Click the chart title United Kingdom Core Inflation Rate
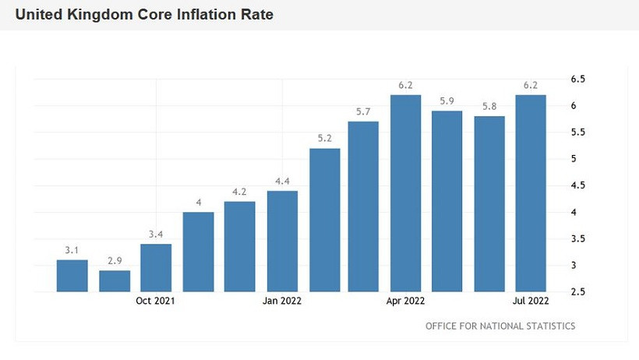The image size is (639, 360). coord(144,15)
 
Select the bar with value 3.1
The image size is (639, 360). coord(72,276)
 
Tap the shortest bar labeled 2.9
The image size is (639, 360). coord(115,281)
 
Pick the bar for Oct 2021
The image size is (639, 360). coord(156,267)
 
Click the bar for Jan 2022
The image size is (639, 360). coord(282,241)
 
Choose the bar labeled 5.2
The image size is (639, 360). coord(324,220)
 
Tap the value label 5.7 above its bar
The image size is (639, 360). coord(363,112)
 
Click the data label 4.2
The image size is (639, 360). coord(239,192)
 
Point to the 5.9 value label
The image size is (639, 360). coord(447,101)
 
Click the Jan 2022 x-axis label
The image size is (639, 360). coord(282,301)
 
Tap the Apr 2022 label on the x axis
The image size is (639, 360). coord(405,301)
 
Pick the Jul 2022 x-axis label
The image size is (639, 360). coord(531,301)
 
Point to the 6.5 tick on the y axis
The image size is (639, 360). coord(578,79)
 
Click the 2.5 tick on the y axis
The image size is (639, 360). coord(578,292)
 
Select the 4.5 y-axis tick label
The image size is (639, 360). coord(578,185)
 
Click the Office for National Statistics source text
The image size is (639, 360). coord(500,326)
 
